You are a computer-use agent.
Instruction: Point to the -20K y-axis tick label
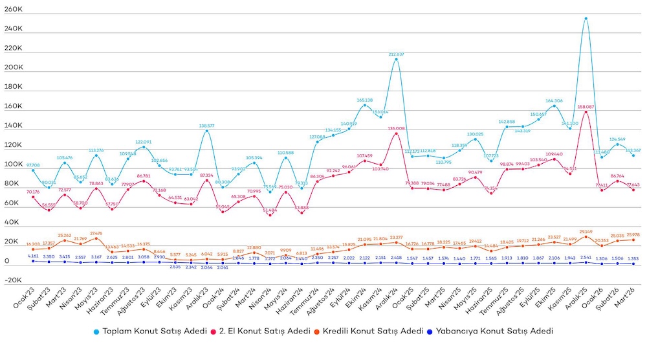tap(13, 280)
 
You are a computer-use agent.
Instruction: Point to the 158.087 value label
tap(586, 107)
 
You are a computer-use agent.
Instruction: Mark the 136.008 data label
tap(397, 128)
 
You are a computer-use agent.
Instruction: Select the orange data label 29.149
tap(586, 231)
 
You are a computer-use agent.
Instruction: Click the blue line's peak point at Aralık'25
tap(586, 18)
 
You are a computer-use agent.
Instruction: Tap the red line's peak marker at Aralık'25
tap(586, 112)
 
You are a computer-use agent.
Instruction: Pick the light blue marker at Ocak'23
tap(33, 170)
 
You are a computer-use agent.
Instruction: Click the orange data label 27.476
tap(96, 233)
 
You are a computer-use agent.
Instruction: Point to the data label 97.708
tap(33, 165)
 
